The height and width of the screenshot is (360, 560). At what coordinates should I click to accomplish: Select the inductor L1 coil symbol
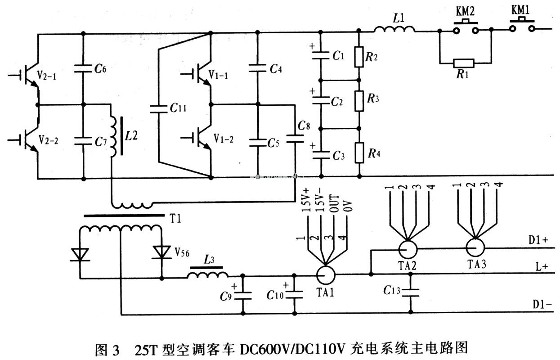[394, 30]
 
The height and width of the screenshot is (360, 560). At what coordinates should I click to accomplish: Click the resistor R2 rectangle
[359, 56]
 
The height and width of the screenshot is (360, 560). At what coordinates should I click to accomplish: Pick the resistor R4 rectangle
[359, 153]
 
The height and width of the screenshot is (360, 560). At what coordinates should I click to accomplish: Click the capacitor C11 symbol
[158, 108]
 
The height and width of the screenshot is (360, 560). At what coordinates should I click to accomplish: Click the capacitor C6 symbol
[84, 69]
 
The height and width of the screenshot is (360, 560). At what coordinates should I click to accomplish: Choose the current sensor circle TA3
[474, 247]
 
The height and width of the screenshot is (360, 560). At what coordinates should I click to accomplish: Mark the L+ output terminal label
[541, 266]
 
